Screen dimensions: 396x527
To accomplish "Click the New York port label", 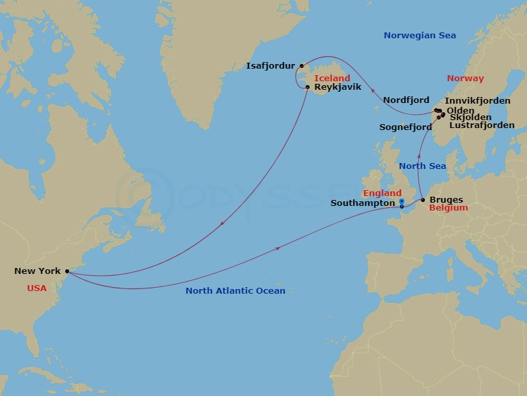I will pos(37,271).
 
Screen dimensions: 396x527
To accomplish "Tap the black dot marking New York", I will pos(67,271).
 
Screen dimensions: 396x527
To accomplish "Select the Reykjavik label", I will pos(338,87).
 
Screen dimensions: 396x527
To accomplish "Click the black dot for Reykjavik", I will pos(308,86).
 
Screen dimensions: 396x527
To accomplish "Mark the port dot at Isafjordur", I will pos(302,65).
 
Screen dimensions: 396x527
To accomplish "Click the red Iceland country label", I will pos(332,78).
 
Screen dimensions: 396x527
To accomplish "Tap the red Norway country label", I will pos(465,79).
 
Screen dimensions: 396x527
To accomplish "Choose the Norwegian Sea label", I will pos(420,36).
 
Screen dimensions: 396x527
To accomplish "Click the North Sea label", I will pos(422,166).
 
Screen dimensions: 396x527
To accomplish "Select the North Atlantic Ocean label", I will pos(235,291).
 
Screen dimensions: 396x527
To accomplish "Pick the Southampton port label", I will pos(362,204).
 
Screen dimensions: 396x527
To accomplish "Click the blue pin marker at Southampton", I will pos(401,203).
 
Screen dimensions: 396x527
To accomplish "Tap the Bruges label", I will pos(446,200).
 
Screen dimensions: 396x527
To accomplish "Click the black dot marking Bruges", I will pos(423,199).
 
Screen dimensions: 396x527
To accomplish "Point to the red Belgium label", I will pos(448,208).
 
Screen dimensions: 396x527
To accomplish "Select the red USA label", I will pos(37,288).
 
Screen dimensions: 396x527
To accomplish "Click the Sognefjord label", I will pos(405,127).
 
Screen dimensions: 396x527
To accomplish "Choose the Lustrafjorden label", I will pos(482,125).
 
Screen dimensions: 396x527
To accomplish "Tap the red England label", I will pos(382,193).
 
